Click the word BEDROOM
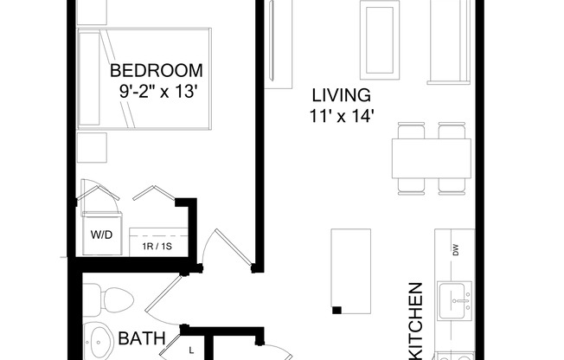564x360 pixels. [x=157, y=69]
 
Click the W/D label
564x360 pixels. [x=100, y=235]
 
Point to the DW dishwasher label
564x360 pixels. [x=454, y=251]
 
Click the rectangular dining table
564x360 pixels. [x=430, y=158]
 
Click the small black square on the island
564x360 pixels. [x=336, y=310]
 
